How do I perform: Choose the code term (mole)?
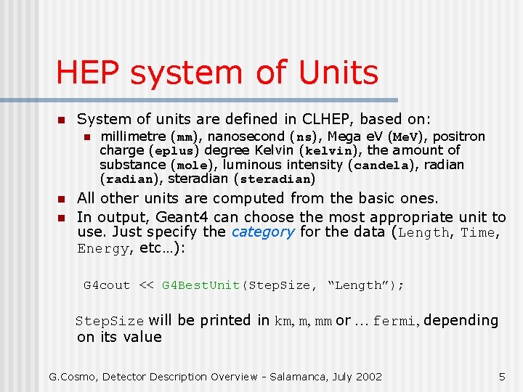(x=195, y=165)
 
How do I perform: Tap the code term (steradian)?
(x=275, y=179)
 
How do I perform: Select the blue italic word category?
(x=262, y=232)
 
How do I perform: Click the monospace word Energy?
(x=103, y=248)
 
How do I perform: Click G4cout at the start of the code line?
(x=107, y=285)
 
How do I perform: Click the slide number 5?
(x=501, y=376)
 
